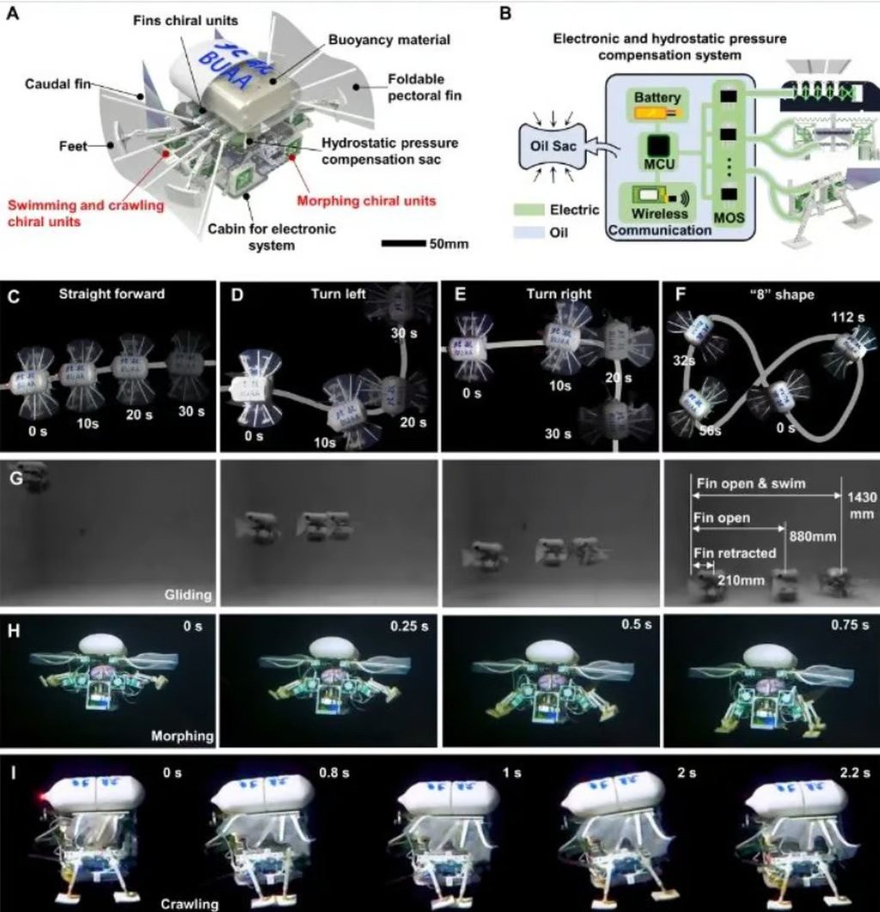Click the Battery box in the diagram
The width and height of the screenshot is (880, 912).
pyautogui.click(x=657, y=105)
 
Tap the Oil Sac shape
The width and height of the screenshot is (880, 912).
pyautogui.click(x=553, y=146)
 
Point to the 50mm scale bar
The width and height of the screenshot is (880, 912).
pyautogui.click(x=404, y=243)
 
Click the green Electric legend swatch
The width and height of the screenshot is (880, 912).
pyautogui.click(x=529, y=210)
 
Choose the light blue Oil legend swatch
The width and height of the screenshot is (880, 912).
pyautogui.click(x=529, y=233)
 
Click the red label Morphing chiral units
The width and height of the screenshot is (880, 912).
pyautogui.click(x=366, y=201)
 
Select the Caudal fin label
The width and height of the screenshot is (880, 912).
pyautogui.click(x=58, y=84)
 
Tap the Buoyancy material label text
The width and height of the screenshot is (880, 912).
pyautogui.click(x=389, y=40)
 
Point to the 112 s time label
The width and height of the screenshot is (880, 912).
pyautogui.click(x=847, y=317)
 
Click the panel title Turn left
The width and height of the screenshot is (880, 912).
pyautogui.click(x=338, y=294)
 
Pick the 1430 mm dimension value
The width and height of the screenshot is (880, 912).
pyautogui.click(x=861, y=505)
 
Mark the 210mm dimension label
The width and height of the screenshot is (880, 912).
pyautogui.click(x=741, y=580)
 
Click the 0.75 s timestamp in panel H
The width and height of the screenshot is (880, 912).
pyautogui.click(x=850, y=625)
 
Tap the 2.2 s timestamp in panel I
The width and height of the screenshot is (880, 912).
pyautogui.click(x=855, y=773)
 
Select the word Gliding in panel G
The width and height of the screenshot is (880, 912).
pyautogui.click(x=188, y=595)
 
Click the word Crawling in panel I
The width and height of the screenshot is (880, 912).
pyautogui.click(x=190, y=904)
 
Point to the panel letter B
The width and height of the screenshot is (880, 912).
pyautogui.click(x=505, y=14)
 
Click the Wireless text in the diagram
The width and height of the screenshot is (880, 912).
pyautogui.click(x=659, y=213)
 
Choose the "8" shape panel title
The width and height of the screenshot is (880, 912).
pyautogui.click(x=782, y=294)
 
